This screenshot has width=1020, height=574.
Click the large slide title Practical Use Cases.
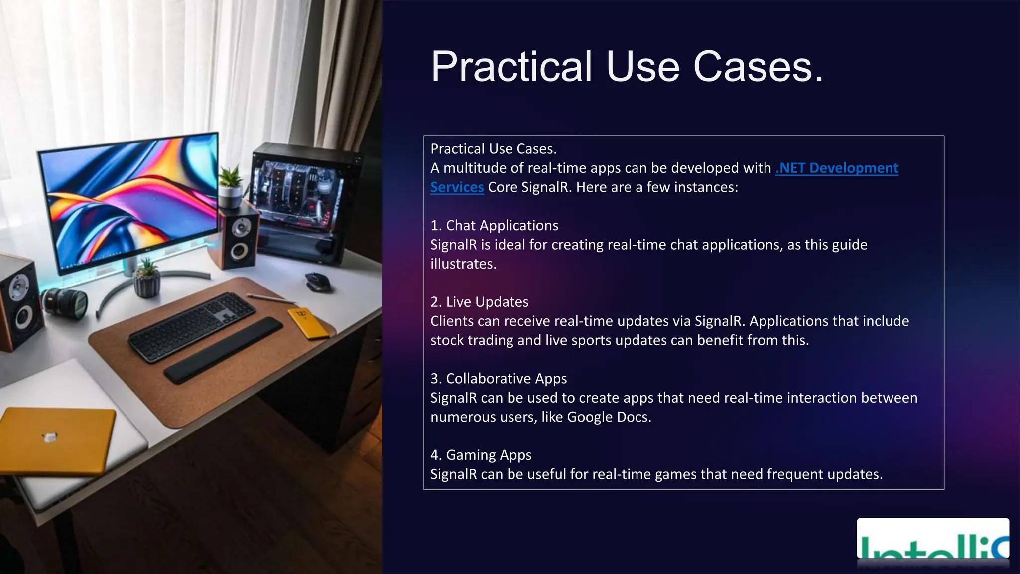[x=627, y=67]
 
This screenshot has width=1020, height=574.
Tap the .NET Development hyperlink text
[x=837, y=168]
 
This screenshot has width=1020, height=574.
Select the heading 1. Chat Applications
[x=494, y=226]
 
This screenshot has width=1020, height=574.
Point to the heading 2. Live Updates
[x=479, y=302]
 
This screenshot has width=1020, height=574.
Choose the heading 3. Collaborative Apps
[x=499, y=379]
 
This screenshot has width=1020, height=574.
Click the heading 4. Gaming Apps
[x=481, y=455]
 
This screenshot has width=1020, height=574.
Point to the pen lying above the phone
[x=271, y=299]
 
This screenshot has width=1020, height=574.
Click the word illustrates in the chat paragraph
[x=463, y=264]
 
